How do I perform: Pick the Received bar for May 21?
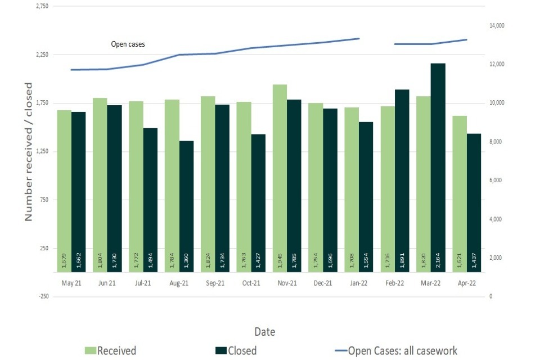(64, 191)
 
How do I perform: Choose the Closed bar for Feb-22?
(402, 181)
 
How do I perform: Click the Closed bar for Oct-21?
(258, 203)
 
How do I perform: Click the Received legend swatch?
(91, 350)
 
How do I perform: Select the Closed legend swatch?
(220, 350)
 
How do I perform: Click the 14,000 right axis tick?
(499, 26)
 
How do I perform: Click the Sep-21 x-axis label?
(215, 283)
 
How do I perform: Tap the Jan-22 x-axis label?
(359, 283)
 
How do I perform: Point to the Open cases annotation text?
(128, 44)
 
